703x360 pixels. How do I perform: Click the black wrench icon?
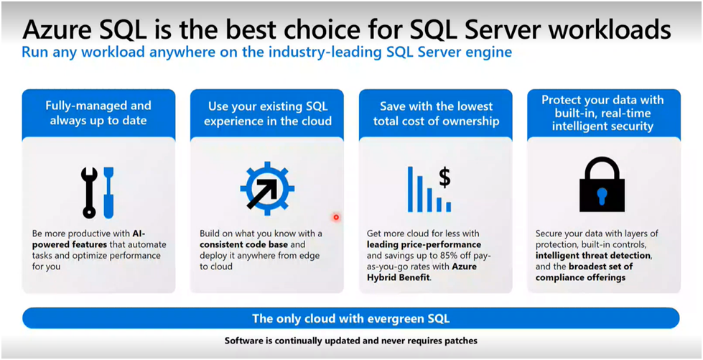click(x=88, y=193)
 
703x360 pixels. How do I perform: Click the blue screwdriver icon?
click(x=108, y=193)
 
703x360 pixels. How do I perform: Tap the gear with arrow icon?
click(x=267, y=188)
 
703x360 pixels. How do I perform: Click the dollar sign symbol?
click(x=444, y=177)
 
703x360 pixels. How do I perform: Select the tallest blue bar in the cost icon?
click(x=410, y=189)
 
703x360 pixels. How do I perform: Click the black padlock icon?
click(x=602, y=184)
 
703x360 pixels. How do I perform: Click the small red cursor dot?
click(x=336, y=218)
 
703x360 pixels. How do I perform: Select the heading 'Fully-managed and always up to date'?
click(x=98, y=113)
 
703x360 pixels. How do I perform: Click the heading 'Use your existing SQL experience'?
click(x=267, y=113)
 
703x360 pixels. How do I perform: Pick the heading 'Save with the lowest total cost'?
click(x=436, y=113)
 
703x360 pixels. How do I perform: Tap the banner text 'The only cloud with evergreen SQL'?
click(x=350, y=319)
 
